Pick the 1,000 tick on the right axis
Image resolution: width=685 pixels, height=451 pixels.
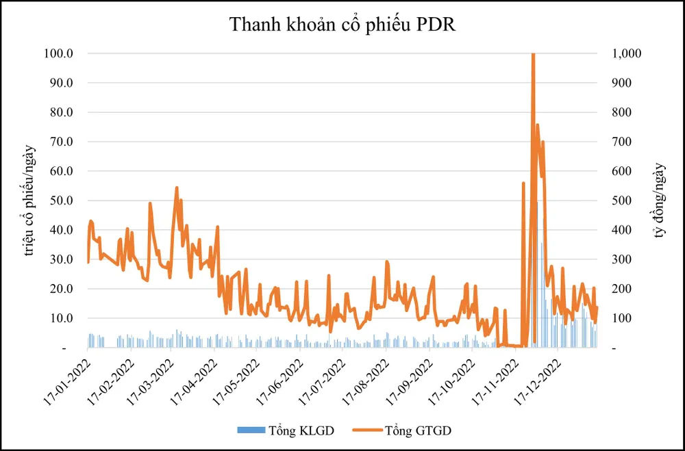coord(626,53)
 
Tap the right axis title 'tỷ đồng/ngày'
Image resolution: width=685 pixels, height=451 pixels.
coord(660,201)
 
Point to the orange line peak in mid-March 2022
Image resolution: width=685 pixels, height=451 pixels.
coord(177,188)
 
